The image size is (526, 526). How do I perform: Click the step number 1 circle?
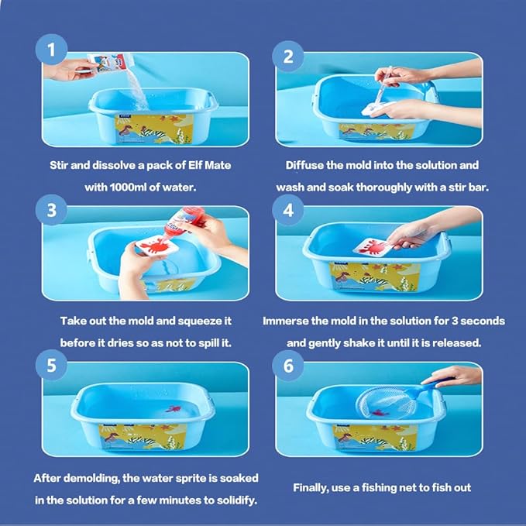tap(51, 50)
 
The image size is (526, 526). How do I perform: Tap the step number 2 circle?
tap(288, 57)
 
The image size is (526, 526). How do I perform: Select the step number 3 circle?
tap(51, 211)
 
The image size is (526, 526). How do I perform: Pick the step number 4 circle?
tap(288, 211)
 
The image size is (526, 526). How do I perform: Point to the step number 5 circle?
tap(51, 365)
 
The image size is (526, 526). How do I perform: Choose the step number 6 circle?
tap(288, 366)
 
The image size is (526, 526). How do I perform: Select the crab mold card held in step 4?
tap(373, 247)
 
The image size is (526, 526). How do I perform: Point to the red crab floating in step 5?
tap(173, 409)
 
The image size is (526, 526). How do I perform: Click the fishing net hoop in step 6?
tap(386, 402)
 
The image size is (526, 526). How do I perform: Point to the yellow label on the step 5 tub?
tap(143, 436)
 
